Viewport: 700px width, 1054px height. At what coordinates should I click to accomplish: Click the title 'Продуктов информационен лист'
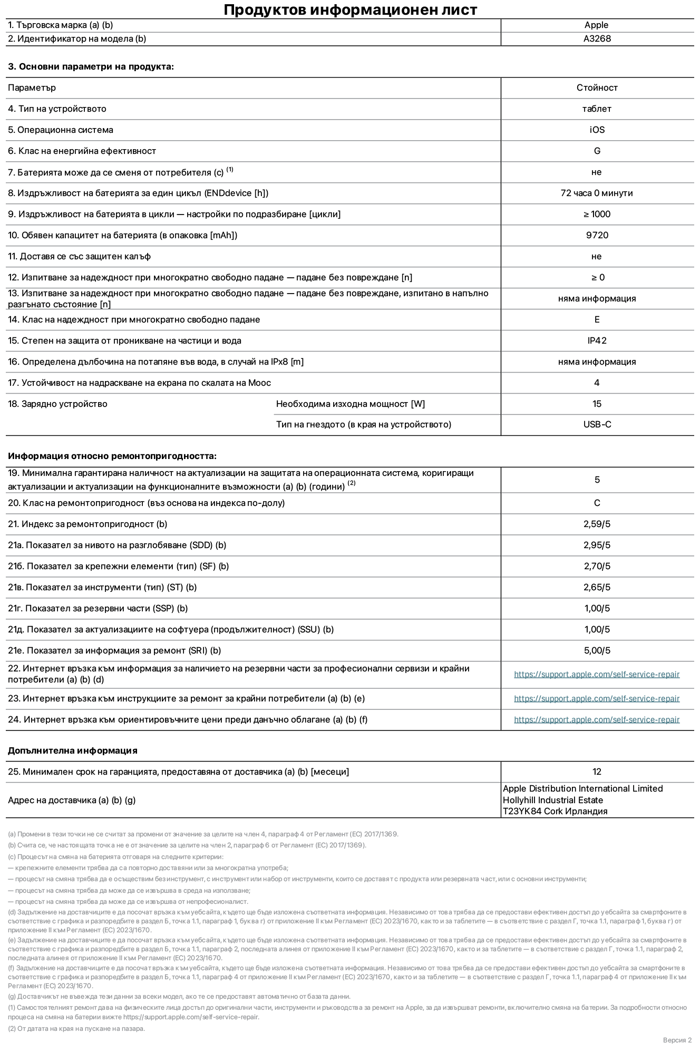350,10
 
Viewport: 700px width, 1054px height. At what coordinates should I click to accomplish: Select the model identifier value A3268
597,38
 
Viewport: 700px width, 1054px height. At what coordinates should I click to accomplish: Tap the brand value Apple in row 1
596,25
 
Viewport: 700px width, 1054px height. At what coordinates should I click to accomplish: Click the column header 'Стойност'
597,87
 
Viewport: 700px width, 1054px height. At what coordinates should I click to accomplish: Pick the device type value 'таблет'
597,109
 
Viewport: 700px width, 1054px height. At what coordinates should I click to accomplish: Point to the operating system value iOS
597,130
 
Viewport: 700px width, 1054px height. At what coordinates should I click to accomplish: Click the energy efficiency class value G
597,151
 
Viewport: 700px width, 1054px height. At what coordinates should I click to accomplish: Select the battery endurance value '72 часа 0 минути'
597,193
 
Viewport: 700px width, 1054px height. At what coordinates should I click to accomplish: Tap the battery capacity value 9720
597,235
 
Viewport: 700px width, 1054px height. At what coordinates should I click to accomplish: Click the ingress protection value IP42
597,340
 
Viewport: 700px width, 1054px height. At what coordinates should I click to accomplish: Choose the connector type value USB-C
597,424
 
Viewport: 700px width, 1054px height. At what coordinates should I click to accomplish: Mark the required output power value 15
597,404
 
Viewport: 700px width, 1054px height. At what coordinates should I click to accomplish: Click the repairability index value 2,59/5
597,524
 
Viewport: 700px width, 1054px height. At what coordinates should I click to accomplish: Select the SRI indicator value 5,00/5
597,650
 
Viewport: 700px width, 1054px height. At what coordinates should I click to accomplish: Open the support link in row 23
597,698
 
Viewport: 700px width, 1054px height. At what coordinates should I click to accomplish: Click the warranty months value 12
597,772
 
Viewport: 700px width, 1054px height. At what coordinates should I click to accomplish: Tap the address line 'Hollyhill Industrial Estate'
552,800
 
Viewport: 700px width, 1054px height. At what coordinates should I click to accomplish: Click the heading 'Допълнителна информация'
72,750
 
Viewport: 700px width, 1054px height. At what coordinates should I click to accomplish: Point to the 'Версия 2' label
677,1040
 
